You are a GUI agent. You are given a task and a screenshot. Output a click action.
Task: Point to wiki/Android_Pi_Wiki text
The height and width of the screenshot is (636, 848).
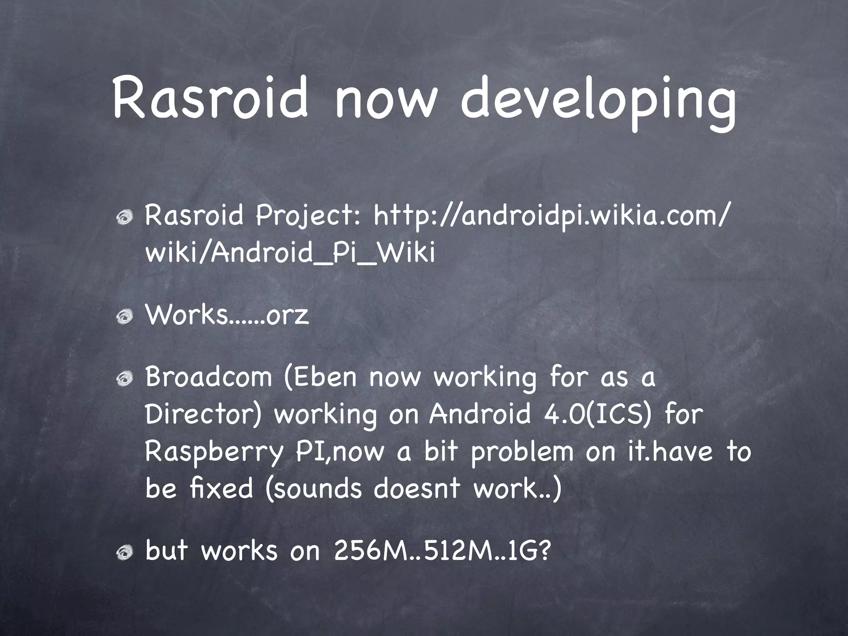(290, 253)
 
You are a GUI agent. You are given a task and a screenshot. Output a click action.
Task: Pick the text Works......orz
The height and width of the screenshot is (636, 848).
(227, 316)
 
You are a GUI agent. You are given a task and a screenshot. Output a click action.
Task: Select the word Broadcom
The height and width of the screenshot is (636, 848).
(209, 377)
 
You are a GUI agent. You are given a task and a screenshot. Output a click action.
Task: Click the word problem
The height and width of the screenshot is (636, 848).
(523, 452)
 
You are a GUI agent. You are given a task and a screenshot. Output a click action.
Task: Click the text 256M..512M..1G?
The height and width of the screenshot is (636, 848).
(442, 552)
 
